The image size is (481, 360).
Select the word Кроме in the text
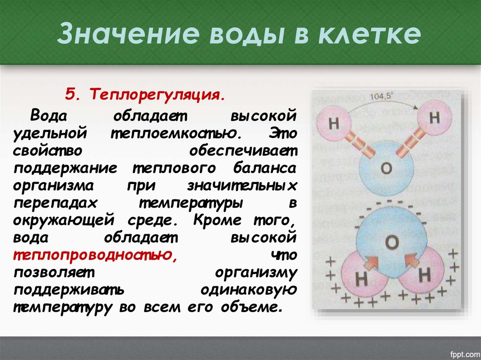click(218, 220)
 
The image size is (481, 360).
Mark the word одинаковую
click(248, 290)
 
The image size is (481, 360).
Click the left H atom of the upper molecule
click(334, 124)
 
